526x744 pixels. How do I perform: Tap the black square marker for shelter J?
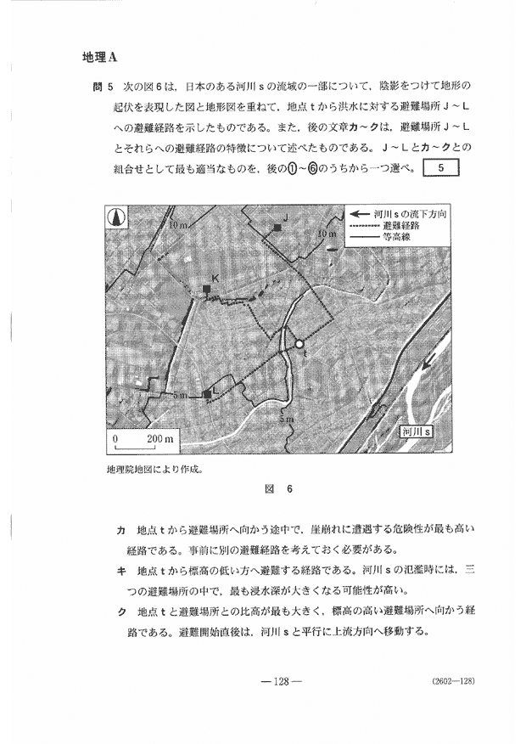pyautogui.click(x=277, y=227)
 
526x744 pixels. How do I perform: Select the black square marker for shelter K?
pyautogui.click(x=206, y=289)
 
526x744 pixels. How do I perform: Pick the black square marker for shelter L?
pyautogui.click(x=206, y=394)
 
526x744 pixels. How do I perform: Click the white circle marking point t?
pyautogui.click(x=299, y=344)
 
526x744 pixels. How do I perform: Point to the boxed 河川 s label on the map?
pyautogui.click(x=417, y=431)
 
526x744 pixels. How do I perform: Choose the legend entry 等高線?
pyautogui.click(x=400, y=240)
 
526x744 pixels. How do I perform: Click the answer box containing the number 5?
pyautogui.click(x=439, y=166)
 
